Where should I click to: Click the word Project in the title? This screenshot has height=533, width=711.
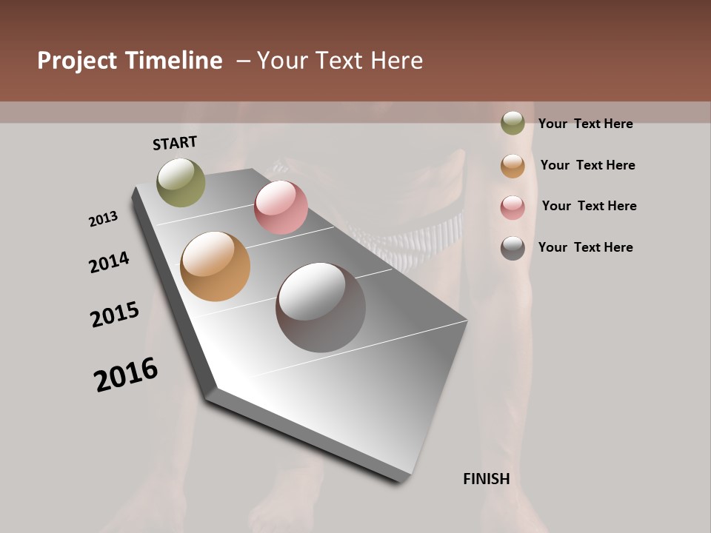point(77,61)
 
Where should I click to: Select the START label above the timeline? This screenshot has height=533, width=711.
point(175,143)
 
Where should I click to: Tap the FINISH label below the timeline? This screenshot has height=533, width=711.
point(486,479)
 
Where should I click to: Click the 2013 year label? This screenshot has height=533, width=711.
point(103,219)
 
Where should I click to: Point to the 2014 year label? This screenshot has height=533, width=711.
point(109,262)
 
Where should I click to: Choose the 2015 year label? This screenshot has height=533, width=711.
point(115,315)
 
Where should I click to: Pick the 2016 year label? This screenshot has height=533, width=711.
point(126,375)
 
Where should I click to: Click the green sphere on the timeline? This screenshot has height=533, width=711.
point(181,182)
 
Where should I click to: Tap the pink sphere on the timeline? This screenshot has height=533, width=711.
point(281,207)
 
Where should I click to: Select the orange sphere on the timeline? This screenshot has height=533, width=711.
point(215,266)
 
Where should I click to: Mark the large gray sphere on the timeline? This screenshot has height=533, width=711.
point(321,307)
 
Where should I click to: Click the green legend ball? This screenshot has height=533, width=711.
point(513,124)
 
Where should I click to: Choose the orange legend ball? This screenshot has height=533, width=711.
point(513,166)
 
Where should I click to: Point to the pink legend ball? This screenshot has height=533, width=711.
point(513,207)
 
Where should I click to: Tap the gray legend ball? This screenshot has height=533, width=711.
point(513,248)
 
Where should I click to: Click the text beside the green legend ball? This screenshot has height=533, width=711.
point(585,124)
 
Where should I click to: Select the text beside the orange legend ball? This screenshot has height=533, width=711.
point(587,165)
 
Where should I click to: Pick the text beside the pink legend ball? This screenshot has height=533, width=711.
point(589,206)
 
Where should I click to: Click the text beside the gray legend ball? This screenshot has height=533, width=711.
point(585,247)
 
